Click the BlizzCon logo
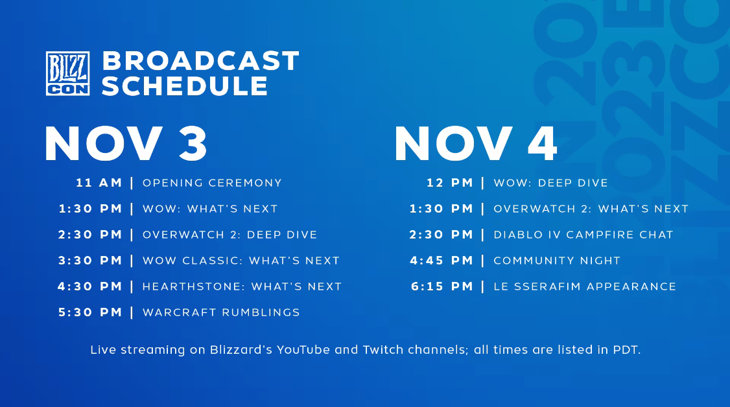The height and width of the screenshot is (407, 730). pos(67,73)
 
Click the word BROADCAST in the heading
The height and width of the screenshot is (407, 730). pos(201,61)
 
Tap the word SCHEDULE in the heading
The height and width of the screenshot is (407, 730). pos(185,86)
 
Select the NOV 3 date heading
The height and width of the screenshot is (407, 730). pos(126,144)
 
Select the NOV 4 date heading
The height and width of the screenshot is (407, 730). pos(476,144)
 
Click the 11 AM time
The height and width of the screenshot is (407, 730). pos(99,183)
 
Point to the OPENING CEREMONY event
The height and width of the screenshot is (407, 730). pos(212,183)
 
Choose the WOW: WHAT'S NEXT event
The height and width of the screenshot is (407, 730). pos(210,209)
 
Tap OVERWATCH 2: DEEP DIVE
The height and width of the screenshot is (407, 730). pos(230,235)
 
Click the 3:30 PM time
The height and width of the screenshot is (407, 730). pos(90,261)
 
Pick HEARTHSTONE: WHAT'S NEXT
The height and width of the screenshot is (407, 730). pos(242,286)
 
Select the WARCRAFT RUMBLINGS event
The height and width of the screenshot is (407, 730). pos(221,312)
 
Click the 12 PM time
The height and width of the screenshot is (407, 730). pos(450,183)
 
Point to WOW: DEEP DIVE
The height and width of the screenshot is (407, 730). pos(551,183)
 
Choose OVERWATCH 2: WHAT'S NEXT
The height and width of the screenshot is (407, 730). pos(591,209)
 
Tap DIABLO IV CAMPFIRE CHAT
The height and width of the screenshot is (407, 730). pos(583,235)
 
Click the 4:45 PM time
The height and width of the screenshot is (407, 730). pos(442,261)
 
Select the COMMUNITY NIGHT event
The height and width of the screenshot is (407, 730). pos(558,261)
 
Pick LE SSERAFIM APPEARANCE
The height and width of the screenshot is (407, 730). pos(585,286)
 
